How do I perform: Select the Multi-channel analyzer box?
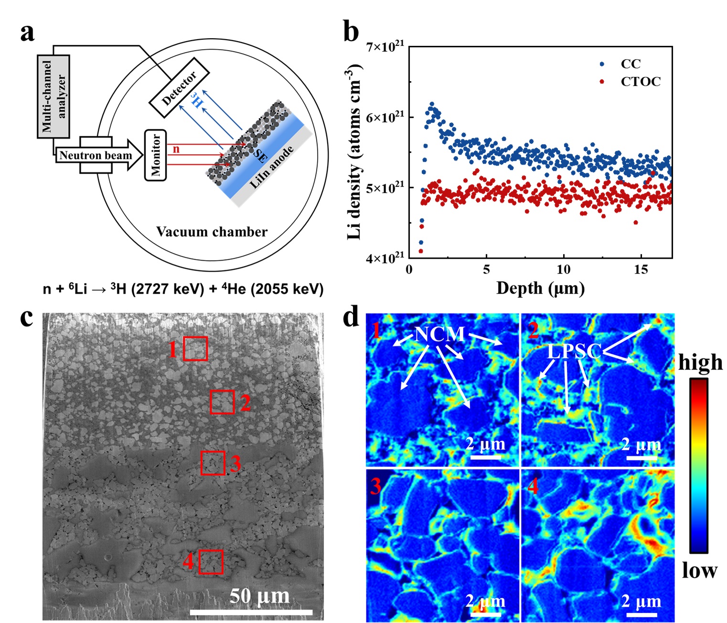coord(53,96)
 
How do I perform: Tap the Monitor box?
coord(156,155)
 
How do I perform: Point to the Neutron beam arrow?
coord(98,156)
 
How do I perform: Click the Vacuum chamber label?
coord(212,232)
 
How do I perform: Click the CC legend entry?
coord(631,63)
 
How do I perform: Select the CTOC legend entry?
coord(641,82)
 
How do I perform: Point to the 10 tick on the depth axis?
coord(564,269)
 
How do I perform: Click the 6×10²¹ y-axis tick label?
coord(385,117)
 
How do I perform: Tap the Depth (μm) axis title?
coord(540,288)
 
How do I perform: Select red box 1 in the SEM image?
coord(195,348)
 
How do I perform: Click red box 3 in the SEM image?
coord(213,463)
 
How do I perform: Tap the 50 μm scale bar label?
coord(259,596)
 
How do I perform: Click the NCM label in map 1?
coord(439,334)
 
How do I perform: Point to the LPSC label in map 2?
coord(574,352)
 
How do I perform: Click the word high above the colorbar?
coord(700,362)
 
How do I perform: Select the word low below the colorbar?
coord(699,570)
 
